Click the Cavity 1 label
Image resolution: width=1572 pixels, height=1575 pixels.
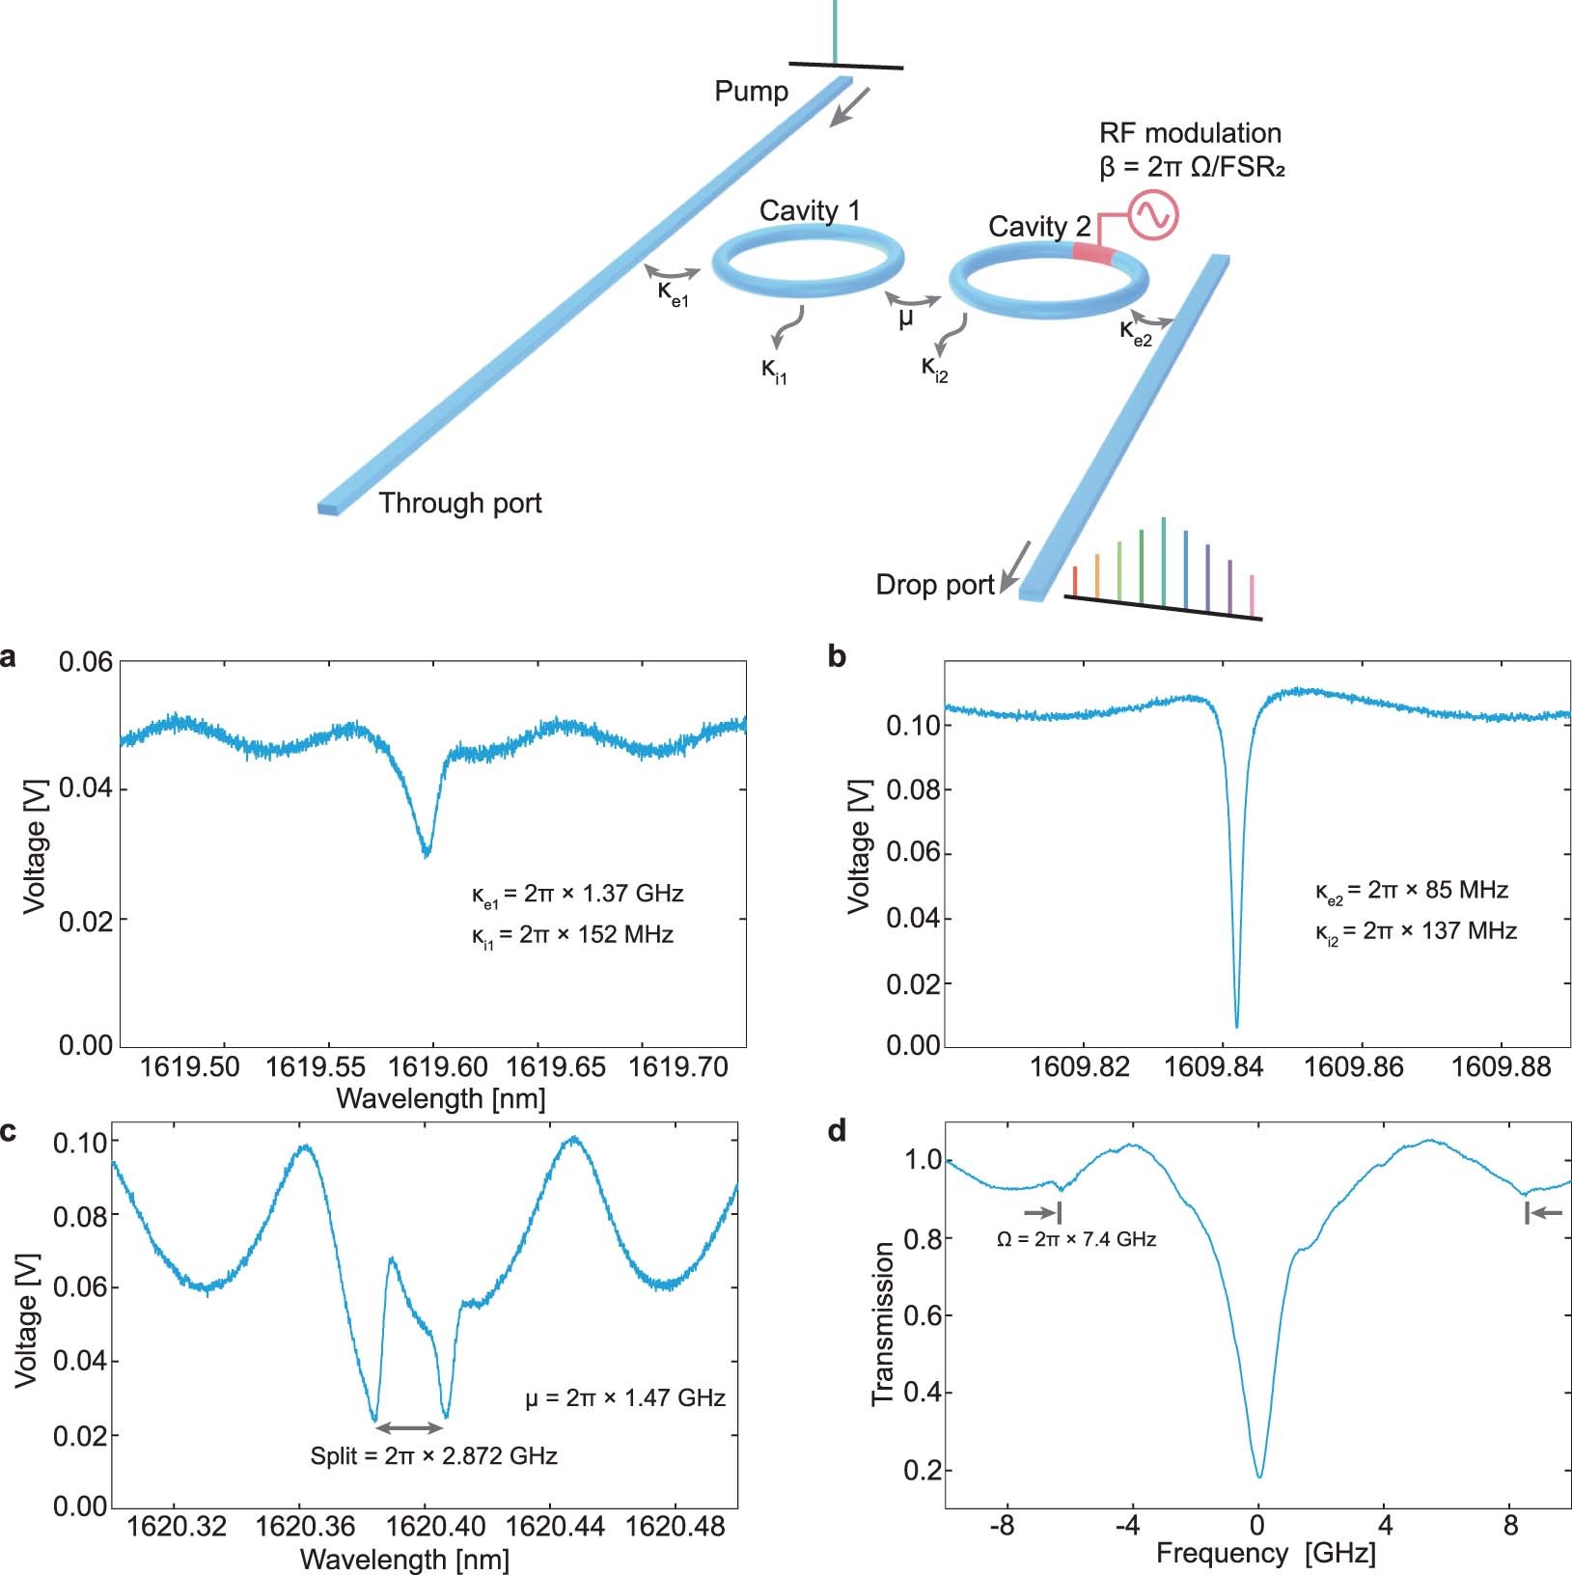click(809, 210)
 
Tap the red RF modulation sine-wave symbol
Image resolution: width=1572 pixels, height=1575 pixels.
click(1154, 215)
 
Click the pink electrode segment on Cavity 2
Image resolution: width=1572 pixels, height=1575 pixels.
click(1093, 253)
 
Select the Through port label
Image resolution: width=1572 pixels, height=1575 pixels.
click(459, 503)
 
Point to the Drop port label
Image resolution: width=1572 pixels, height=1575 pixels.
click(934, 585)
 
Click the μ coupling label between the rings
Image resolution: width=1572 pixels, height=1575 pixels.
click(905, 318)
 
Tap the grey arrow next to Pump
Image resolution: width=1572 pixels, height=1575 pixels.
click(850, 106)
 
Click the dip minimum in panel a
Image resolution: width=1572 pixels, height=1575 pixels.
click(427, 853)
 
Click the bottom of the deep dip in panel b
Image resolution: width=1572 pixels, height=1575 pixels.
click(1236, 1025)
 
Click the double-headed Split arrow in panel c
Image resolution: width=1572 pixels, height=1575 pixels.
click(409, 1427)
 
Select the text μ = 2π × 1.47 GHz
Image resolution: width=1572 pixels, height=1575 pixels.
click(624, 1397)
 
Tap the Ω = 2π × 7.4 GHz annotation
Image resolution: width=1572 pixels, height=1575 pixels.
click(1076, 1239)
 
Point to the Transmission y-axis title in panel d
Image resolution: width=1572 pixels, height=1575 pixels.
click(882, 1323)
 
